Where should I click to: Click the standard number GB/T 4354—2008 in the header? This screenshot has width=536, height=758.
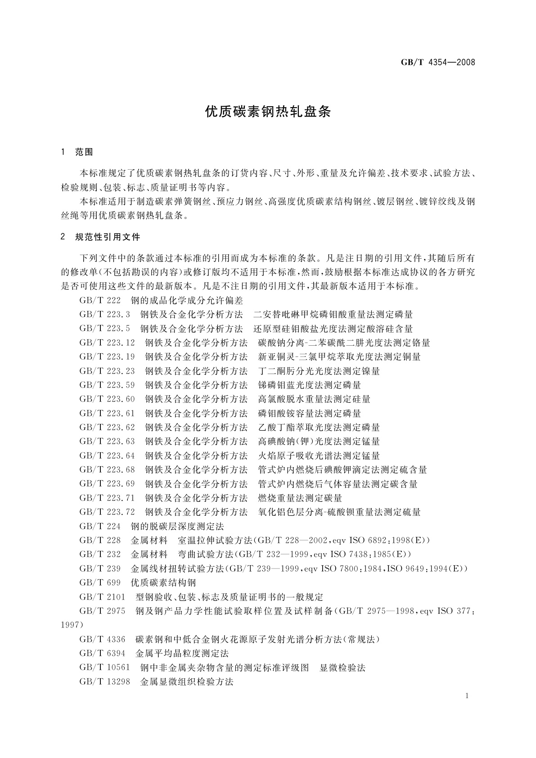point(438,62)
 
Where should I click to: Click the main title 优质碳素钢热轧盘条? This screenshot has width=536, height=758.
point(268,112)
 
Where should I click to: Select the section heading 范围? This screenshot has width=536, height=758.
point(84,152)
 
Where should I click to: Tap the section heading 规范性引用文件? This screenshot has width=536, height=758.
point(108,237)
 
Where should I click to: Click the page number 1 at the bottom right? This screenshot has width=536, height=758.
point(467,696)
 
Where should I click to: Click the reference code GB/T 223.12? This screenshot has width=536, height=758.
point(107,343)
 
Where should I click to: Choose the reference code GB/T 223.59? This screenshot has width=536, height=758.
point(107,385)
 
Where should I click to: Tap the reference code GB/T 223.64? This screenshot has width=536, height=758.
point(107,456)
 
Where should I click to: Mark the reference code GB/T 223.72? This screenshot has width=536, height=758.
point(107,512)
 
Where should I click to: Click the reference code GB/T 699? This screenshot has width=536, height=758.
point(100,582)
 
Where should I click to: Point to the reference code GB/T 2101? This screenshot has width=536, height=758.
point(102,597)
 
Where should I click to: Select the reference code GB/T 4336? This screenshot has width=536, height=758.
point(102,639)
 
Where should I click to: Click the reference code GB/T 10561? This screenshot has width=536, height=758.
point(104,668)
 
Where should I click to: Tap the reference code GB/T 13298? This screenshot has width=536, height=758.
point(104,681)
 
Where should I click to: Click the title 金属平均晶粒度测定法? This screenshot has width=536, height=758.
point(182,653)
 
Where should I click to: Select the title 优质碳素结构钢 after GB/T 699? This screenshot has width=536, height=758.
point(163,582)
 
